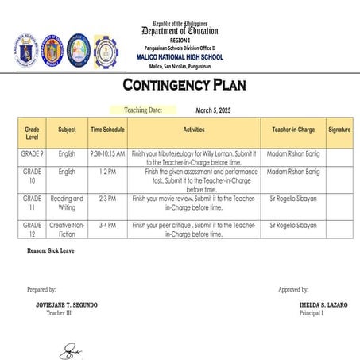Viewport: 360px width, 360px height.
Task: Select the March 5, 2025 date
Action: coord(212,110)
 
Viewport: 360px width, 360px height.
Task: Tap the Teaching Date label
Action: coord(142,110)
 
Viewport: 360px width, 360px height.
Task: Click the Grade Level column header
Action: coord(32,131)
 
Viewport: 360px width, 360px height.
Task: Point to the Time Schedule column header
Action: coord(106,128)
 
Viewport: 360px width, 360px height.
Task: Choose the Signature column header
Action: coord(339,128)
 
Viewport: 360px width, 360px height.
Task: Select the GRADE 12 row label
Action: coord(32,230)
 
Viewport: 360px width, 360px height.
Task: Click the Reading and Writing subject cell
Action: coord(67,203)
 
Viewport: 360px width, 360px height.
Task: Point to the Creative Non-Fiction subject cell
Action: coord(67,230)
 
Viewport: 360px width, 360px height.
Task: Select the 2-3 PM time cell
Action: coord(106,199)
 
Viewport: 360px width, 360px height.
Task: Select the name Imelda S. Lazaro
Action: coord(303,304)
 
